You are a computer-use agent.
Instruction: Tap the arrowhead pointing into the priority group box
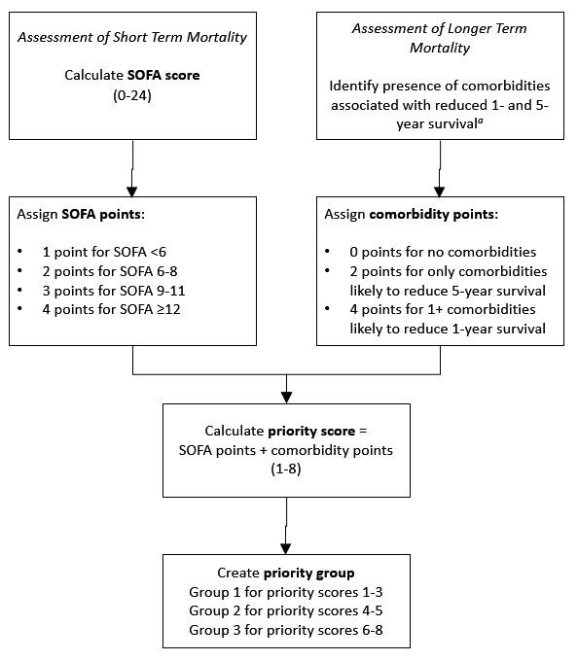[x=285, y=547]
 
